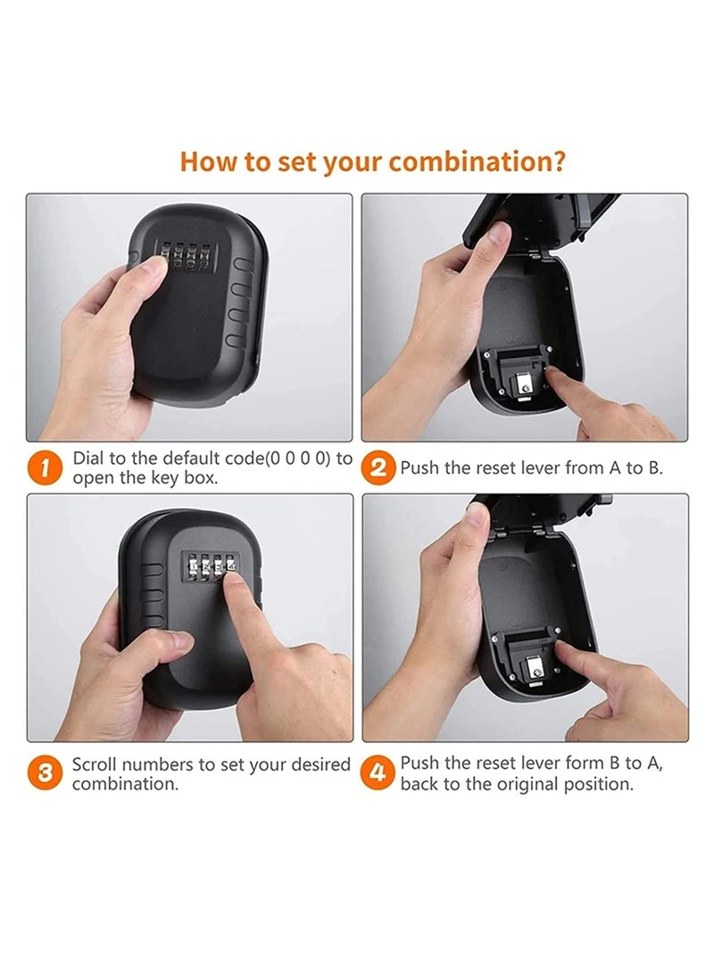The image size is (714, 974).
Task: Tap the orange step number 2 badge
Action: pos(378,467)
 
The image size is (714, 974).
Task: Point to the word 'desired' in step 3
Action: pos(317,765)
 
